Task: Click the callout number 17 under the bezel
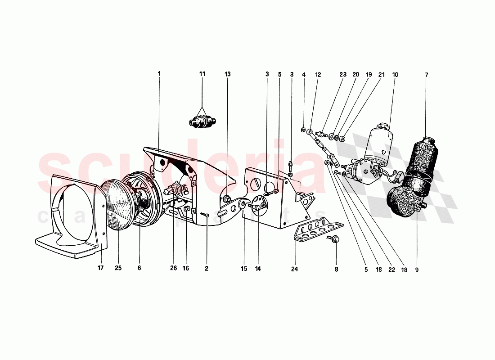(x=100, y=268)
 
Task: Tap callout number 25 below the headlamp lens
(x=118, y=268)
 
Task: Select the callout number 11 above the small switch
(x=202, y=73)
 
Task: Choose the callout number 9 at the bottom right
(x=417, y=270)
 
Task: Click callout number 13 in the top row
(x=227, y=73)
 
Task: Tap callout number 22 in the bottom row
(x=391, y=270)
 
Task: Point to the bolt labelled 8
(x=336, y=240)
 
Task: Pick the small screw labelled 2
(x=205, y=216)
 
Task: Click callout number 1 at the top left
(x=159, y=73)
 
